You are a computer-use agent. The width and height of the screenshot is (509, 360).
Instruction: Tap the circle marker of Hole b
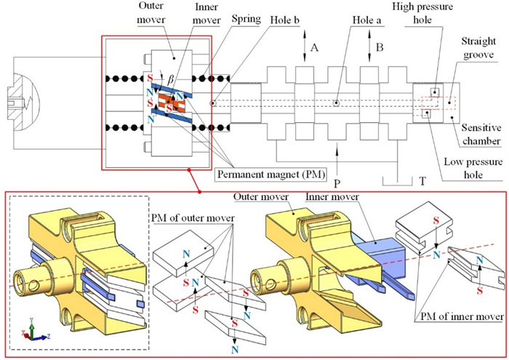213,103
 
